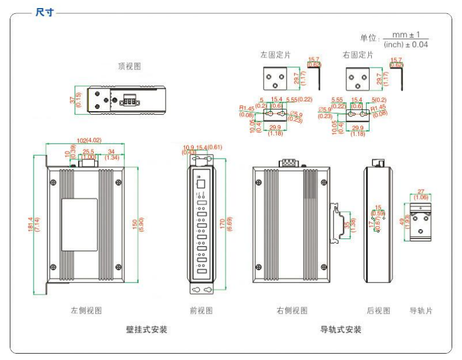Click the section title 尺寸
point(43,12)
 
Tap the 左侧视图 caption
point(87,311)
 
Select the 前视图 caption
point(201,311)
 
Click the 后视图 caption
point(379,311)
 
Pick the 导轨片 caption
point(422,311)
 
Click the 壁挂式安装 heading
point(147,329)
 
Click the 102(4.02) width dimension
point(86,139)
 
